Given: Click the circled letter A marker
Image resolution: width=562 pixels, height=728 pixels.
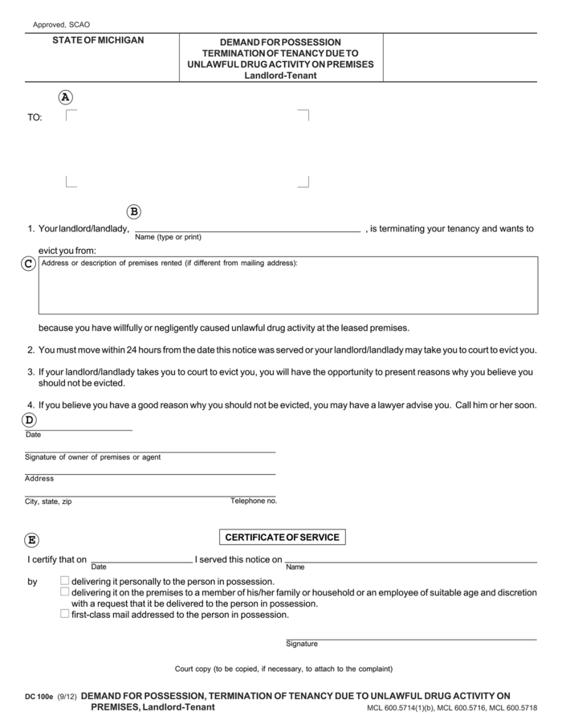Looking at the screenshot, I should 66,97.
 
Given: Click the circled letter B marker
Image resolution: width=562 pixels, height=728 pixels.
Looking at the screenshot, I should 134,212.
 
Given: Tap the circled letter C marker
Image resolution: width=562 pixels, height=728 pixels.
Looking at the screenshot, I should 28,264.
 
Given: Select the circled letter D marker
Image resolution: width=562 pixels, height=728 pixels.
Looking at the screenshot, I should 29,419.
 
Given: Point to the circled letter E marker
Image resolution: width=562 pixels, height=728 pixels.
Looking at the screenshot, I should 32,540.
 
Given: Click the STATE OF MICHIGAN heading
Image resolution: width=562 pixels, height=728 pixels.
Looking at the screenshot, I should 99,40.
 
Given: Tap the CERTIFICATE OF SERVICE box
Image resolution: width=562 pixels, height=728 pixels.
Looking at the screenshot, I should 282,537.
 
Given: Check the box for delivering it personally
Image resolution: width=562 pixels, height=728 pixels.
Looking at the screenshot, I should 65,580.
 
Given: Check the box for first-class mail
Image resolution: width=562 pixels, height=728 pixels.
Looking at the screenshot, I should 65,614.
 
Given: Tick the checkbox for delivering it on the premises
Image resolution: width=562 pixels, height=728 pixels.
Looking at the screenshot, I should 65,591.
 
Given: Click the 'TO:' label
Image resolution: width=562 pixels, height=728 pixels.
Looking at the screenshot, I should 35,117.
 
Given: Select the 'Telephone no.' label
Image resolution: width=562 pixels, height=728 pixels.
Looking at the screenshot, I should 254,501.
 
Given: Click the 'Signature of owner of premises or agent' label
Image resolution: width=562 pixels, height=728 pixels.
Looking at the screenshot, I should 92,457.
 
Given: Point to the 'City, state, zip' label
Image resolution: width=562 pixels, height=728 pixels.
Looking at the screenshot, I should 48,501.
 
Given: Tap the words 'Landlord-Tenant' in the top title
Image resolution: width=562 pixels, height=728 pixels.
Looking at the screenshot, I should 280,76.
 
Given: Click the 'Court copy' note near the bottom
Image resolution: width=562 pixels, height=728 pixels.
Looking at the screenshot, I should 283,669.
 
